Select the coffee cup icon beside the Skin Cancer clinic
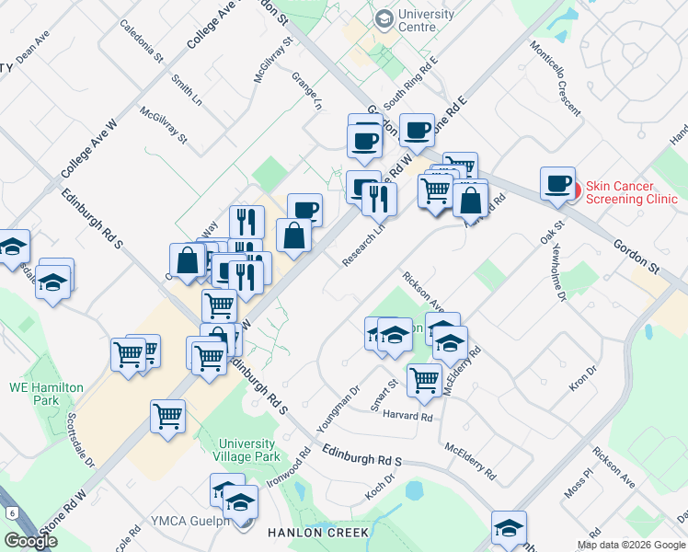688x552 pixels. click(x=557, y=184)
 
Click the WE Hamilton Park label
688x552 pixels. click(x=46, y=395)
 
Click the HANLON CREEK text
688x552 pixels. click(x=318, y=533)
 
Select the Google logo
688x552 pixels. click(x=30, y=541)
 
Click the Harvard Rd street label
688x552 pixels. click(x=408, y=417)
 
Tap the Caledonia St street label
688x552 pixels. click(x=141, y=40)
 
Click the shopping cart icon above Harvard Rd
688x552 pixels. click(x=425, y=379)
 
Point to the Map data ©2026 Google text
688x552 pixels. click(x=630, y=545)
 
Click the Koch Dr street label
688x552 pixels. click(x=379, y=485)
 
